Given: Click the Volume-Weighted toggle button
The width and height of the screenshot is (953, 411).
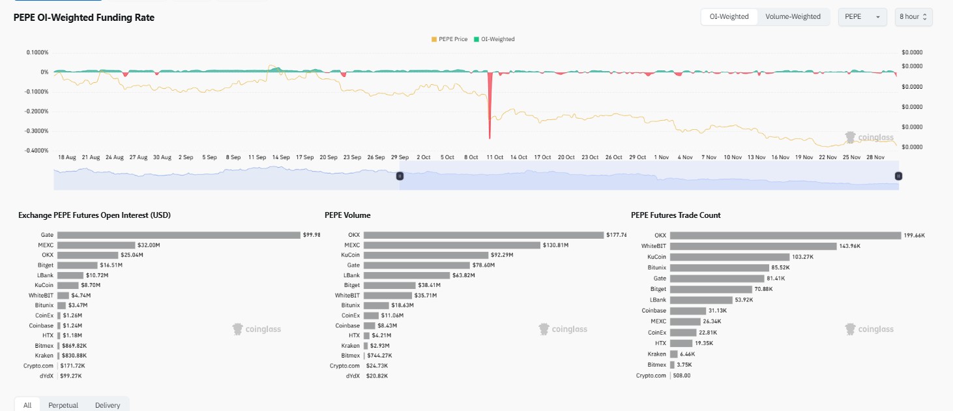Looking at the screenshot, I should pyautogui.click(x=793, y=17).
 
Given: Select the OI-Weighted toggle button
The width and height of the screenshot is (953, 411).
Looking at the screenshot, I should pyautogui.click(x=729, y=17).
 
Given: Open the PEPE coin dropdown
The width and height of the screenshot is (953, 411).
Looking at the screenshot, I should pyautogui.click(x=862, y=17).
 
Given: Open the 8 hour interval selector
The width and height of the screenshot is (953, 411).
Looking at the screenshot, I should pyautogui.click(x=913, y=17).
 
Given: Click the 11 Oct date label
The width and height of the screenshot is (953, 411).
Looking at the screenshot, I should pyautogui.click(x=495, y=157).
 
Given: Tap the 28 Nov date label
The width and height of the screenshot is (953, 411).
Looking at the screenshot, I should pyautogui.click(x=875, y=157).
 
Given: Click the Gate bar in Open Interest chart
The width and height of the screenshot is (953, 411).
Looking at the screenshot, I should pyautogui.click(x=179, y=235).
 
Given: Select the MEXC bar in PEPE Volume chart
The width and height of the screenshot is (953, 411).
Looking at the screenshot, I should pyautogui.click(x=452, y=245).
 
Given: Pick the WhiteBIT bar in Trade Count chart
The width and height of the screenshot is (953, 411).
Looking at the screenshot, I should pyautogui.click(x=753, y=246).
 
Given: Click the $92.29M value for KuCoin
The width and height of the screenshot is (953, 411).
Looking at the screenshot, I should pyautogui.click(x=502, y=255).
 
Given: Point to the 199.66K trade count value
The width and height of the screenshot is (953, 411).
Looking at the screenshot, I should pyautogui.click(x=915, y=236).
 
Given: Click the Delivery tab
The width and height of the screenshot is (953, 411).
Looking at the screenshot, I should pyautogui.click(x=108, y=405).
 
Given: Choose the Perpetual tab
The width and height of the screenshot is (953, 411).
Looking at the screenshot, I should pyautogui.click(x=63, y=405).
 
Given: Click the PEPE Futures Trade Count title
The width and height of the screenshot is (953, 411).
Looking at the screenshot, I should pyautogui.click(x=675, y=215).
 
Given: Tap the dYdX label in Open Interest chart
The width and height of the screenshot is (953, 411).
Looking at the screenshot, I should pyautogui.click(x=46, y=376).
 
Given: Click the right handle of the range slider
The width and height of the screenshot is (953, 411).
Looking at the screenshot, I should pyautogui.click(x=898, y=176).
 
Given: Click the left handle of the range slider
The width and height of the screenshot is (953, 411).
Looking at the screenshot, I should pyautogui.click(x=400, y=176).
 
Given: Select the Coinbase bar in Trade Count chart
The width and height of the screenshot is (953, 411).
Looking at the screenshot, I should pyautogui.click(x=688, y=311).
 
